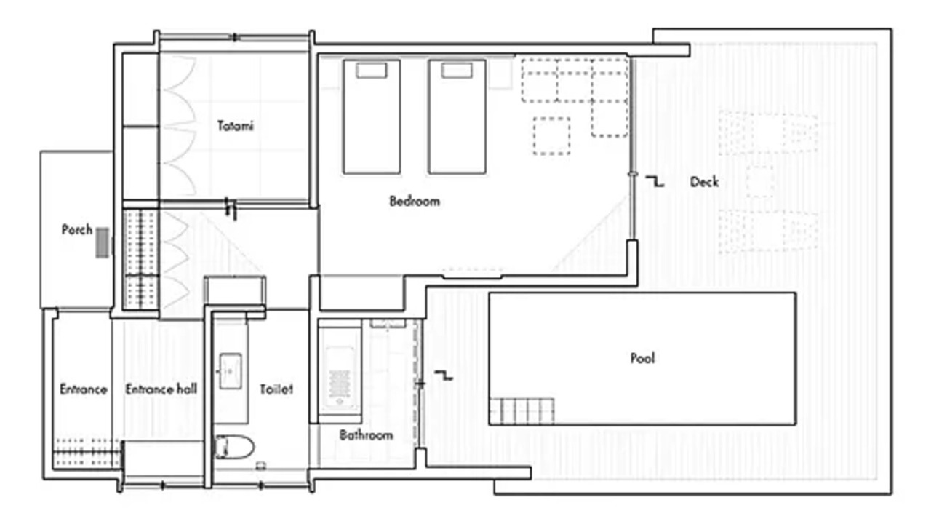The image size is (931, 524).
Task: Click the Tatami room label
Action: tap(235, 126)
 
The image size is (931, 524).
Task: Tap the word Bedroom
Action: tap(415, 202)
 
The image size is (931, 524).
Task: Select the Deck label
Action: tap(704, 182)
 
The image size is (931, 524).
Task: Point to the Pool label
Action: tap(642, 358)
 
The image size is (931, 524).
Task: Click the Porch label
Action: tap(77, 229)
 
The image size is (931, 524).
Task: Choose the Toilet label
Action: tap(276, 389)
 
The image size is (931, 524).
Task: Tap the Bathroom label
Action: tap(366, 435)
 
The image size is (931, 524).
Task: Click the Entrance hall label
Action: tap(161, 389)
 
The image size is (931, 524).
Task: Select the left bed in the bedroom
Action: tap(372, 117)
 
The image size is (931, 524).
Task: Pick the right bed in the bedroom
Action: tap(457, 117)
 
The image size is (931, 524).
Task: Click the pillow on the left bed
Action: tap(372, 71)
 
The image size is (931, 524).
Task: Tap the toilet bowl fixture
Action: tap(234, 447)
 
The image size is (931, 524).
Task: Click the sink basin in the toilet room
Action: tap(231, 371)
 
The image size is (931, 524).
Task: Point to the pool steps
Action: tap(522, 411)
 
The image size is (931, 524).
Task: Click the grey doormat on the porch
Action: tap(103, 242)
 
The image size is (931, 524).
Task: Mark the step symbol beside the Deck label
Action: tap(655, 181)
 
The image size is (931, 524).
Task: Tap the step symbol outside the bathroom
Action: tap(444, 375)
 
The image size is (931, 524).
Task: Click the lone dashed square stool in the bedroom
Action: tap(551, 136)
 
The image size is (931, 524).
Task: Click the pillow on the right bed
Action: tap(457, 71)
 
